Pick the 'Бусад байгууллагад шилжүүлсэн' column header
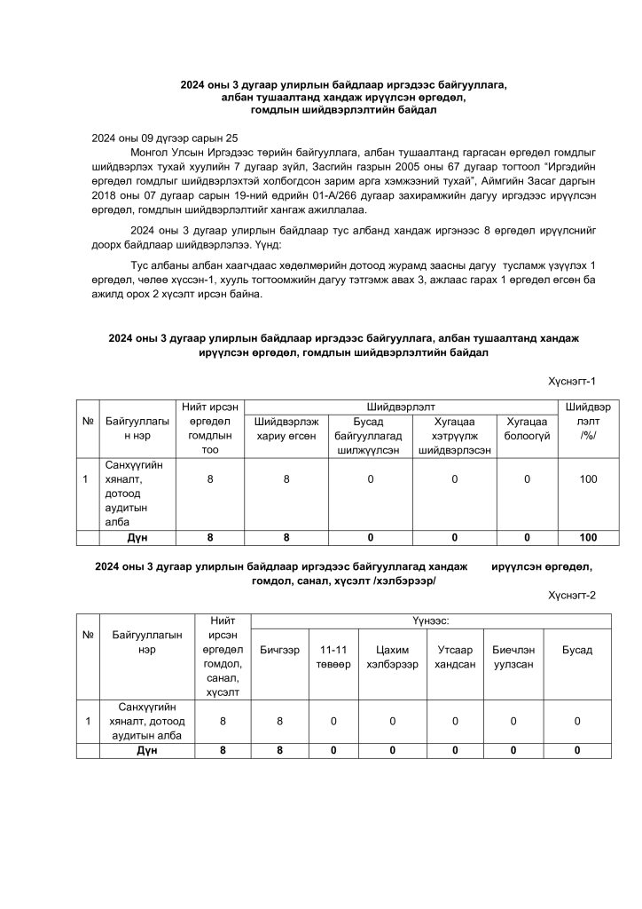point(368,436)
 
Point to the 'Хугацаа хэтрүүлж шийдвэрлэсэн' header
point(454,436)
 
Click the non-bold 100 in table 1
point(588,479)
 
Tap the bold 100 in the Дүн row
point(588,538)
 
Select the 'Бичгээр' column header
point(279,651)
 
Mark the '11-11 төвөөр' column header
point(333,658)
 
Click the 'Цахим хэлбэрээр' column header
point(391,658)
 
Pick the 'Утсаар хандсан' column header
point(455,658)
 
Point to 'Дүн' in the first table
point(137,538)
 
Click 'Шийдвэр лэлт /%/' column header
point(588,422)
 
